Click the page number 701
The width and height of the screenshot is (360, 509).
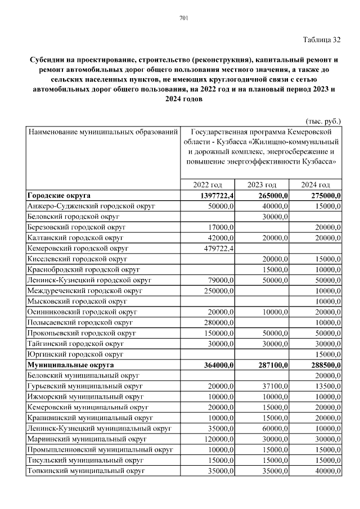point(183,19)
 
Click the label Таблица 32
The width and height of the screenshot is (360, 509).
point(322,39)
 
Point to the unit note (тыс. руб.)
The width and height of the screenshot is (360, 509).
point(323,121)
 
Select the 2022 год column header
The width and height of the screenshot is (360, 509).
point(208,185)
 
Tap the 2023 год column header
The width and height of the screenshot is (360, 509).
point(262,185)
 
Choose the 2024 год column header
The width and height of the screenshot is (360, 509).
point(315,185)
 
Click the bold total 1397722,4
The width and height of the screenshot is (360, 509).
point(214,196)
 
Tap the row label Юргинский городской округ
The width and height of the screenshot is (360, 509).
point(75,354)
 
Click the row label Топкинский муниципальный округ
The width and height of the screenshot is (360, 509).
point(84,471)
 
